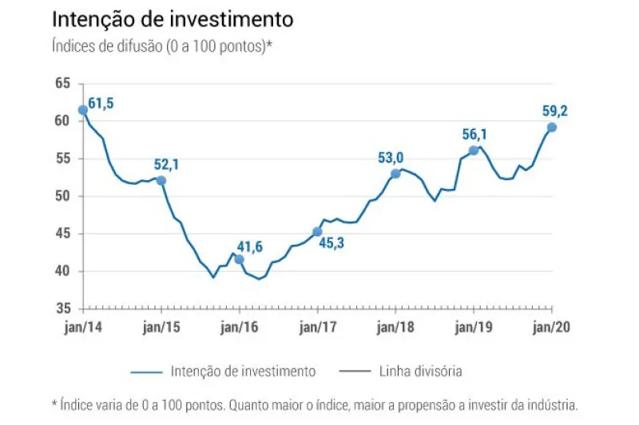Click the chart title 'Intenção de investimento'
click(x=172, y=18)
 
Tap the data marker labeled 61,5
click(x=83, y=110)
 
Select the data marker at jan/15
click(x=161, y=180)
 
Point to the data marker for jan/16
click(x=240, y=259)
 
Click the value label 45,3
click(x=336, y=243)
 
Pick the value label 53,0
click(x=392, y=158)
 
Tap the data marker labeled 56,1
click(x=474, y=151)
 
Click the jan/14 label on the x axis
click(x=83, y=327)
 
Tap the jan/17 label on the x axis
click(x=318, y=327)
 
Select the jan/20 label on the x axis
click(x=552, y=327)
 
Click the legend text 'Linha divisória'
click(x=422, y=371)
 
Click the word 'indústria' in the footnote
click(x=552, y=405)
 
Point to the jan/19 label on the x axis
click(x=474, y=327)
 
